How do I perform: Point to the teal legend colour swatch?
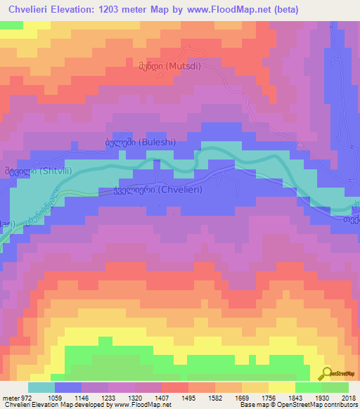(x=41, y=387)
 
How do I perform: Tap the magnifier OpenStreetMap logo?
(x=328, y=373)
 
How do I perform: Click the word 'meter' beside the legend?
(x=9, y=397)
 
